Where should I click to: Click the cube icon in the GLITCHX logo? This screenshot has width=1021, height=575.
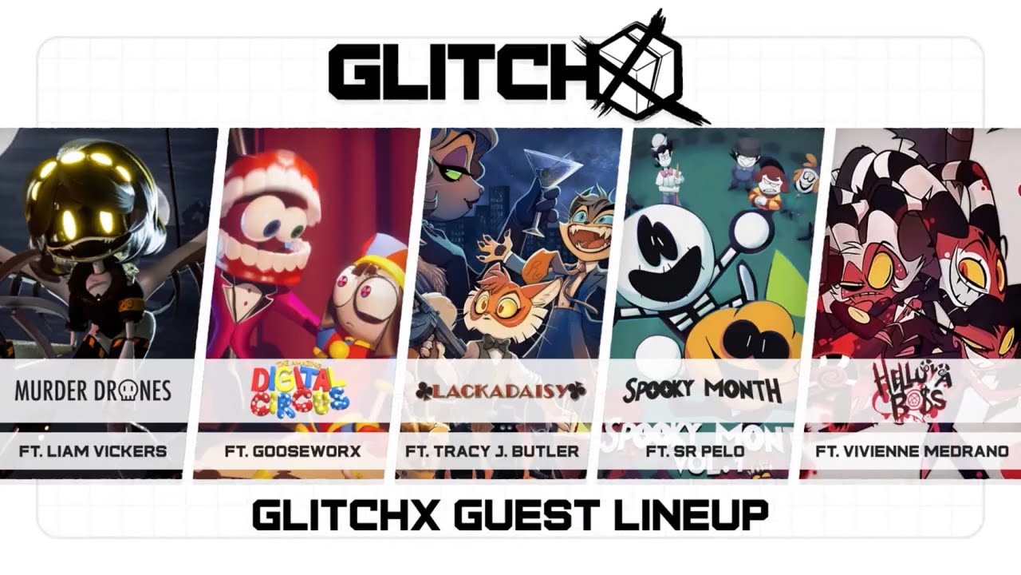pos(638,68)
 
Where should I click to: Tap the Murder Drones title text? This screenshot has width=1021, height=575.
pos(93,391)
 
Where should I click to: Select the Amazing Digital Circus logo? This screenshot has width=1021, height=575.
pos(300,390)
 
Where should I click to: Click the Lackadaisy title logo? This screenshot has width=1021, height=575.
pos(501,391)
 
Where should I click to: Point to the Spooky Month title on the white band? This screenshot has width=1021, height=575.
pos(702,390)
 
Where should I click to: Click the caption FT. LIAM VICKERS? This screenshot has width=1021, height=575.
pos(93,451)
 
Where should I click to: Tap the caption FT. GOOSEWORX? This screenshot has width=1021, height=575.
pos(293,451)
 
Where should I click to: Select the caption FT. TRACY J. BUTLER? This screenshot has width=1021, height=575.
pos(492,451)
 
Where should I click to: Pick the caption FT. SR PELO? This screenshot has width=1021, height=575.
pos(696,451)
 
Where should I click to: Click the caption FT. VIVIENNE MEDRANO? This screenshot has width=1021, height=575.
pos(912,451)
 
